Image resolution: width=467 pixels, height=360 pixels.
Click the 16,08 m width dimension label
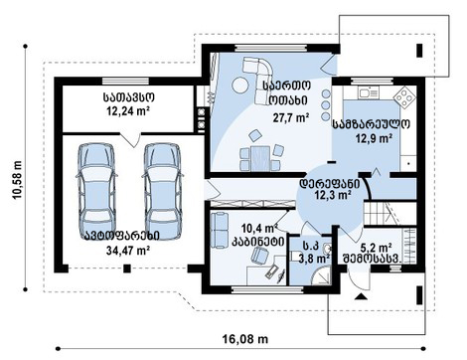[x=245, y=339]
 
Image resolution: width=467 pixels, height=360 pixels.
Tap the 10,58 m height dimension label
[x=17, y=180]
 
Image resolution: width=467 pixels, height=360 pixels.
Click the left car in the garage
[x=96, y=191]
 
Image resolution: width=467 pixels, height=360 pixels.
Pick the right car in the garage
[x=163, y=191]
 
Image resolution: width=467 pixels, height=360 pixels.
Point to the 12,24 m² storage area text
[x=128, y=110]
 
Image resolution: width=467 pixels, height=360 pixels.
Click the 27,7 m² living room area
[x=291, y=117]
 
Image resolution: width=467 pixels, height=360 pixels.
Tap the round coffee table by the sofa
[x=240, y=85]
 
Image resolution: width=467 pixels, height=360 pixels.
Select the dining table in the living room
[x=260, y=158]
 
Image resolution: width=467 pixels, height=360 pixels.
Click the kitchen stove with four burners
[x=404, y=97]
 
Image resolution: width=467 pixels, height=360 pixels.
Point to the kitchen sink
[x=368, y=92]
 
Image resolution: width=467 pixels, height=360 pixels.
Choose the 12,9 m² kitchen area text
[x=375, y=138]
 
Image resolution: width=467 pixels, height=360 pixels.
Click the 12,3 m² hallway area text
[x=333, y=195]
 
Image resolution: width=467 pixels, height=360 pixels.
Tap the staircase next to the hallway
[x=389, y=214]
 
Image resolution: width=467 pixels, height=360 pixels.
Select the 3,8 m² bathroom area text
[x=314, y=258]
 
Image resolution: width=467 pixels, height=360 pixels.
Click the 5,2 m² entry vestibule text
[x=377, y=248]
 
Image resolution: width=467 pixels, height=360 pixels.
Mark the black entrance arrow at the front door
[x=361, y=296]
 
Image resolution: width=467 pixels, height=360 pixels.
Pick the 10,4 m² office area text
[x=259, y=228]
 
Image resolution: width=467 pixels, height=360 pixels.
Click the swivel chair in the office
[x=259, y=257]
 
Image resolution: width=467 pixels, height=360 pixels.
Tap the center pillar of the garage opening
[x=126, y=269]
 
